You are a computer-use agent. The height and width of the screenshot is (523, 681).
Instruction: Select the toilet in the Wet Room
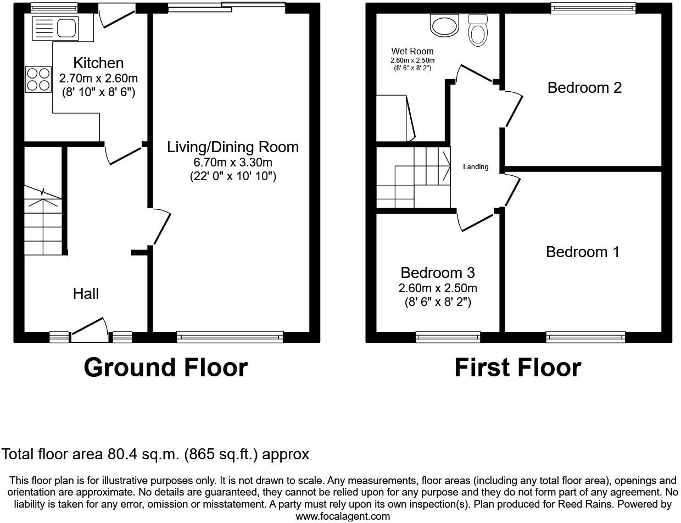point(478,31)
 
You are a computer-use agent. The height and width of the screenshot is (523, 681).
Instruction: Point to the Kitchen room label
point(98,63)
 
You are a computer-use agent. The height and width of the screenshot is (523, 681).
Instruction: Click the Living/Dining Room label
point(233,147)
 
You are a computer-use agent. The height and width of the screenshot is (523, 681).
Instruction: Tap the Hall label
point(86,294)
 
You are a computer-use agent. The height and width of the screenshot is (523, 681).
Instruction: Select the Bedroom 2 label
point(584,88)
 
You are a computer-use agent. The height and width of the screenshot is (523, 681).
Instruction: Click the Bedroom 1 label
point(583,252)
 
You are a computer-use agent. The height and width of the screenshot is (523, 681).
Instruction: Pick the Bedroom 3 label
point(438,273)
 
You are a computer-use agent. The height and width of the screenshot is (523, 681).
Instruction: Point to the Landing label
point(476,167)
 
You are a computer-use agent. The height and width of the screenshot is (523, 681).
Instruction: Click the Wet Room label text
point(412,52)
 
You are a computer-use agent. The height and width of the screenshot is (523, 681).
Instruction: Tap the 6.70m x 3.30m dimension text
point(233,163)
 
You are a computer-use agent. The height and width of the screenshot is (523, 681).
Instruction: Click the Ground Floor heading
point(165,368)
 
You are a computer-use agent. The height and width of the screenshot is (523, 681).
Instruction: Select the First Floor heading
point(517,368)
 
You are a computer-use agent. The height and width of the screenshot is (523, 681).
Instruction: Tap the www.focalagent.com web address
point(343,516)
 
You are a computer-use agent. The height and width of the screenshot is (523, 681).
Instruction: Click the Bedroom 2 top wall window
point(593,8)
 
